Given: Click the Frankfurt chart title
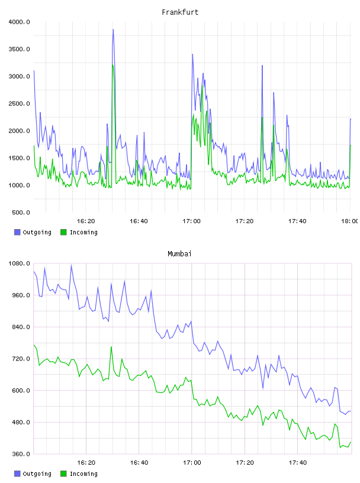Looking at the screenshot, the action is [x=180, y=12].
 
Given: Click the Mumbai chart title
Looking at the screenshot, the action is [x=179, y=254].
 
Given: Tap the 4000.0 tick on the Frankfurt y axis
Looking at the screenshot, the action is [x=19, y=22].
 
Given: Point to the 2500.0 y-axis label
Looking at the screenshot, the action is [x=19, y=104].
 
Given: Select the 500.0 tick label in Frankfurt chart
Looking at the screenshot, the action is [x=21, y=212].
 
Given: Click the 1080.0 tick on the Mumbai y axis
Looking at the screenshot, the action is [x=19, y=263].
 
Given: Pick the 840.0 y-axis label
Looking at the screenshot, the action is [x=21, y=327].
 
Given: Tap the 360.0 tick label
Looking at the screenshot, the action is [x=21, y=454].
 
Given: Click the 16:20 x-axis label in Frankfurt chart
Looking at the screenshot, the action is [x=86, y=221].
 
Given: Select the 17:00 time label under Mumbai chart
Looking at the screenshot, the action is [x=192, y=463].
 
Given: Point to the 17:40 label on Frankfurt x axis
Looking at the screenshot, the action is [x=297, y=221].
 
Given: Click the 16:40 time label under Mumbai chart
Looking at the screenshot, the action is [x=139, y=463].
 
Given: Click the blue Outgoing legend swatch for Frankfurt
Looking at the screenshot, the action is [x=17, y=232].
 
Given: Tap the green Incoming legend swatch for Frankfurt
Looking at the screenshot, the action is [x=63, y=232].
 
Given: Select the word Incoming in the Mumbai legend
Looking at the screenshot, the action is [x=83, y=474].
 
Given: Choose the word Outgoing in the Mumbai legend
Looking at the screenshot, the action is [x=37, y=474].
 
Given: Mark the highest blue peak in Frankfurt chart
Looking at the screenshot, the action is [x=114, y=30].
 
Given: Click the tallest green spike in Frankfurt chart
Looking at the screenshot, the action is [x=113, y=65].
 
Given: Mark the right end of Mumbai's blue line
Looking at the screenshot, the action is [x=351, y=411].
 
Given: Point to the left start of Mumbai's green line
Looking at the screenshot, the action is [x=34, y=345].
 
